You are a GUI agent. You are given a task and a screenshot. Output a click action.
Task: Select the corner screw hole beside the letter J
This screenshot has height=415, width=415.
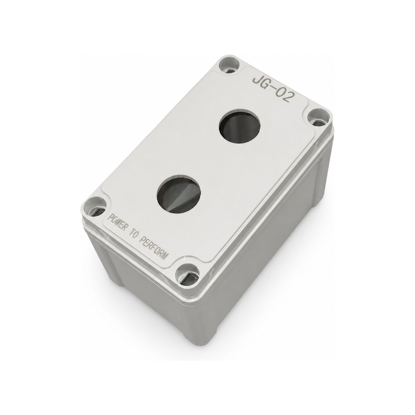[x=229, y=66]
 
